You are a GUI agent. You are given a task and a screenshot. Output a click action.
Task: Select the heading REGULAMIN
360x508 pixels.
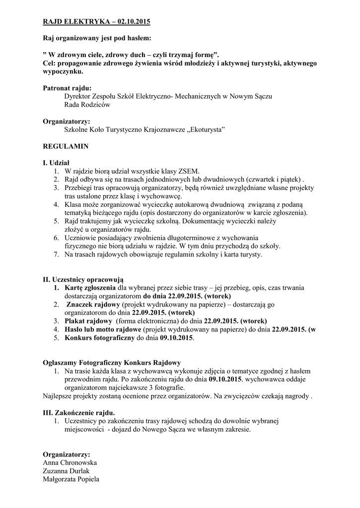(x=66, y=147)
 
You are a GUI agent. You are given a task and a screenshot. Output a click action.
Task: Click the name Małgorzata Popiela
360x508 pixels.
(x=72, y=479)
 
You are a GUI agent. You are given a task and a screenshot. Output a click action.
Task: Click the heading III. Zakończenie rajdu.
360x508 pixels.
(x=79, y=413)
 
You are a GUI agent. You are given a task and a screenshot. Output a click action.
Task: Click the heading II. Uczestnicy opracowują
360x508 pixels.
(x=83, y=279)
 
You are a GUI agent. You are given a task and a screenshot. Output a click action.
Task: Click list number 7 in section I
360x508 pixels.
(x=56, y=254)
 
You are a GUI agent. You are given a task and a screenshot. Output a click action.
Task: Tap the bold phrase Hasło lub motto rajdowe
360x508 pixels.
(x=103, y=329)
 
